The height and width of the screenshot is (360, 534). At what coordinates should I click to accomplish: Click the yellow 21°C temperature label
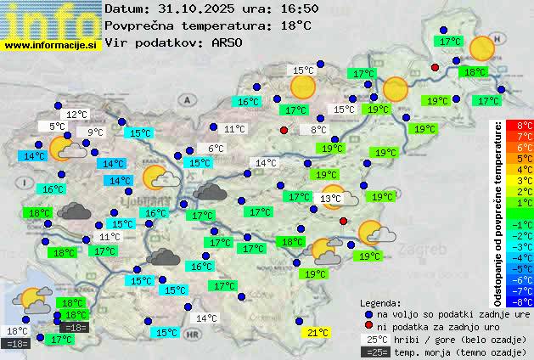pos(318,333)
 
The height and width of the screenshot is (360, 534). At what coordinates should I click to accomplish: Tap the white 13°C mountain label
pos(331,199)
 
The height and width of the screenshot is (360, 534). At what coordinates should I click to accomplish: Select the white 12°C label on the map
pos(77,115)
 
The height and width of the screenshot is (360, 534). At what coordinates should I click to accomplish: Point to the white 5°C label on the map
pos(58,127)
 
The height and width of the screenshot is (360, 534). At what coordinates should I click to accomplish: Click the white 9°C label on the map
pos(95,132)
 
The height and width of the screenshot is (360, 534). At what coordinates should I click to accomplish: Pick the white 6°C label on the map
pos(216,149)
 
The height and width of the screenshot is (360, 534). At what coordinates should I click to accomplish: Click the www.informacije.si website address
pos(52,44)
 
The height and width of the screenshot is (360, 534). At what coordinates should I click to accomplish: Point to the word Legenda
pos(381,302)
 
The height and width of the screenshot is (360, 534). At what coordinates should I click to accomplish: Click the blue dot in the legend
pos(368,314)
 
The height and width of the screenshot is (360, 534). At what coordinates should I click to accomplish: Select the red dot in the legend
pos(368,326)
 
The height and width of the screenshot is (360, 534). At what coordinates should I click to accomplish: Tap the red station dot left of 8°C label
pos(284,130)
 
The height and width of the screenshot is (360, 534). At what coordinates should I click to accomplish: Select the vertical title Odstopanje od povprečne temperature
pos(498,213)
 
